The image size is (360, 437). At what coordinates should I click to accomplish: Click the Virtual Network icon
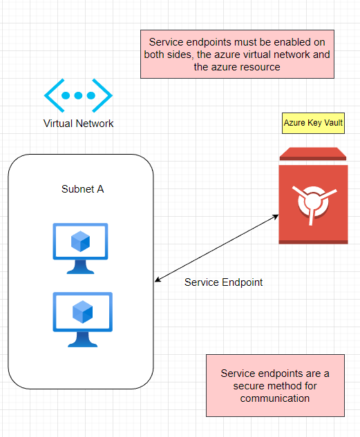[78, 95]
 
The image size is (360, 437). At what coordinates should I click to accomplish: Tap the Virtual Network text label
[78, 124]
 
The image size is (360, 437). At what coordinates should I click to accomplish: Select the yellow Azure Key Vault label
[313, 123]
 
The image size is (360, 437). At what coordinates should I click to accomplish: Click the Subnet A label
[82, 189]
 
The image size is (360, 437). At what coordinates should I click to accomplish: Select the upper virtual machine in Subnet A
[81, 248]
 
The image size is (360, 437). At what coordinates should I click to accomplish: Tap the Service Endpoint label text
[223, 282]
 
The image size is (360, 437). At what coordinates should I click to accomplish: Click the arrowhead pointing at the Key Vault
[275, 217]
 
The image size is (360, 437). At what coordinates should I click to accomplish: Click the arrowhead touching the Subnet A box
[158, 280]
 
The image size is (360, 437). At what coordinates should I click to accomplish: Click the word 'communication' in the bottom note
[275, 398]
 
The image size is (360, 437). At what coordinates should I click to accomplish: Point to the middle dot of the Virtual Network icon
[78, 95]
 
